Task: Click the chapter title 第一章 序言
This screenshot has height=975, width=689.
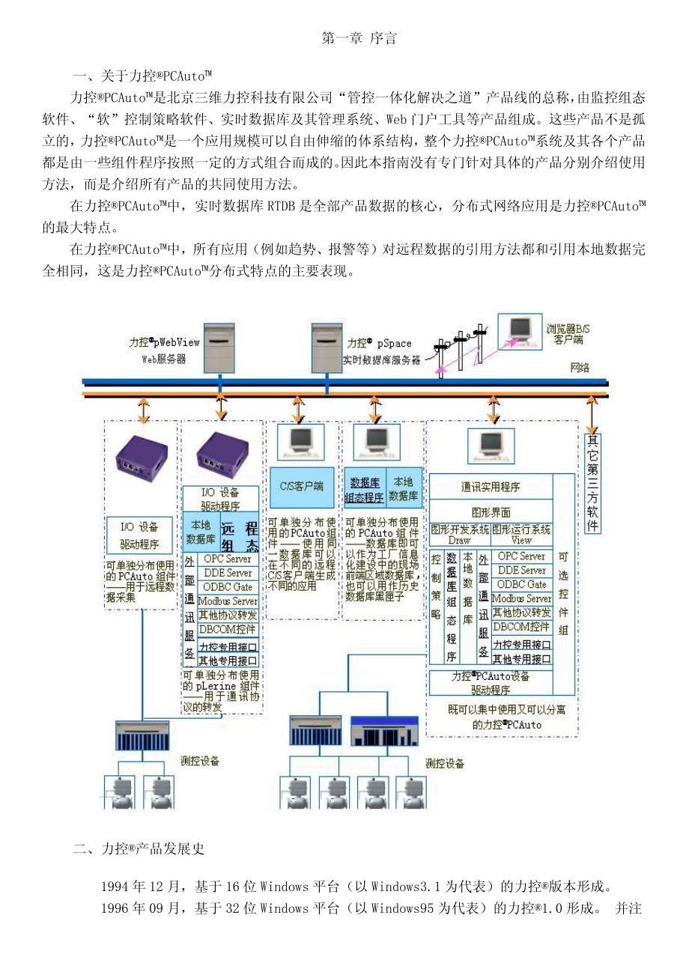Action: (359, 39)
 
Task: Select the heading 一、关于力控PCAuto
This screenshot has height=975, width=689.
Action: (142, 76)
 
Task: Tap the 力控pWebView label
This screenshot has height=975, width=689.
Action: (164, 343)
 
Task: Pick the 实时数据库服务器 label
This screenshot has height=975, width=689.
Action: (381, 360)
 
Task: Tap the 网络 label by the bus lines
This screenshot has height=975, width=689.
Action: (580, 368)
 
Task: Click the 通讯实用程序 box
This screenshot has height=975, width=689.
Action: (491, 487)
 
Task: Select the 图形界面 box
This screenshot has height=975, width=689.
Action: (491, 513)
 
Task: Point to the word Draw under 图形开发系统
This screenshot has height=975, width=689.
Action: (459, 540)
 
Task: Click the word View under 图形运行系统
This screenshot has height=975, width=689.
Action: (521, 540)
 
